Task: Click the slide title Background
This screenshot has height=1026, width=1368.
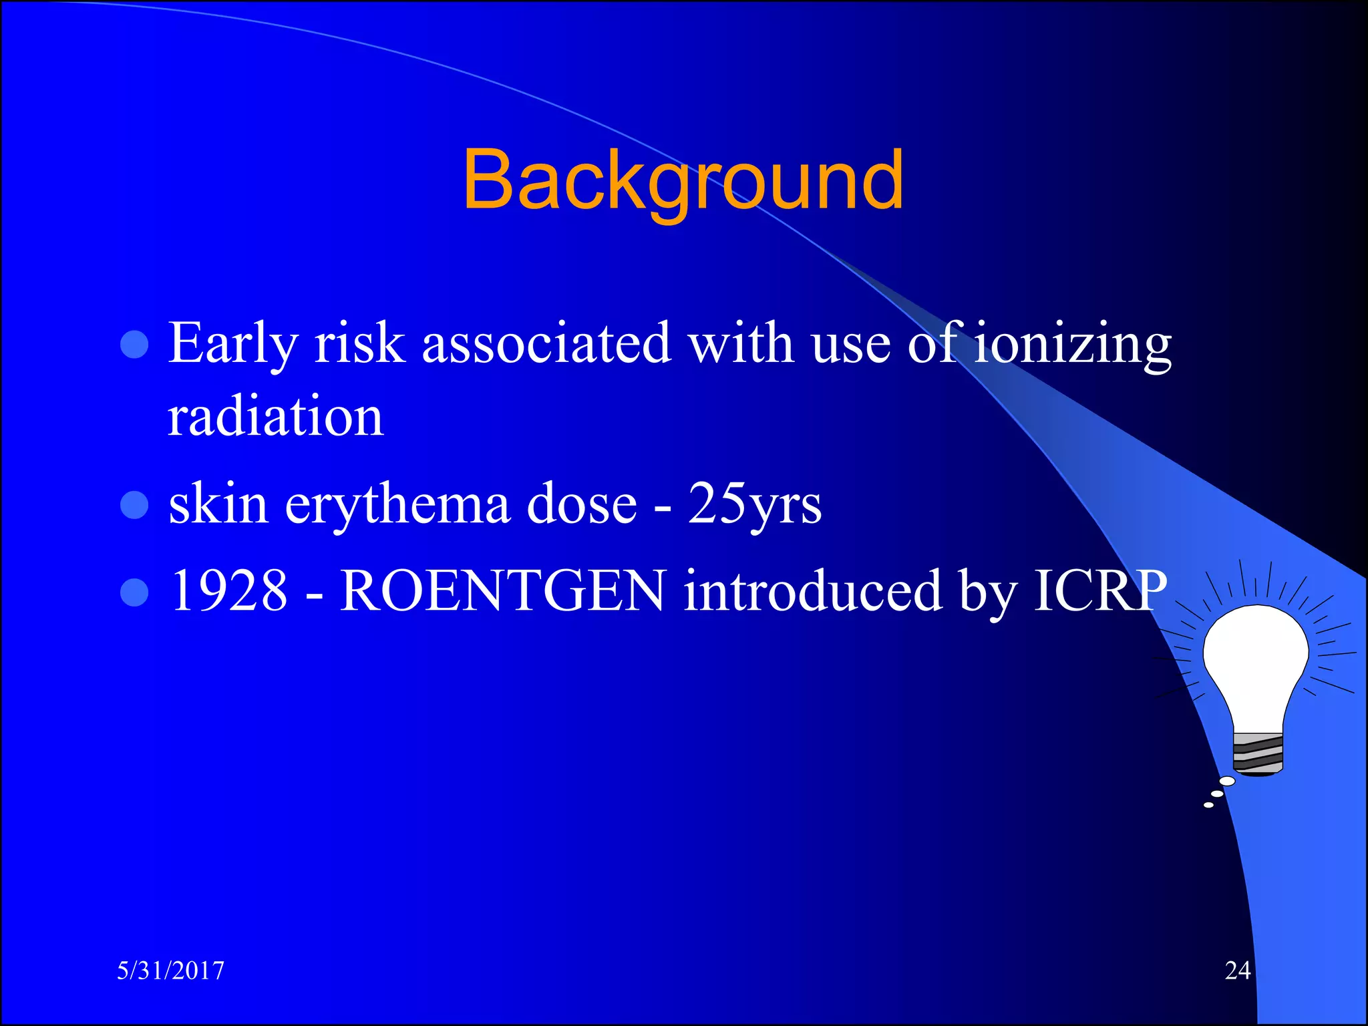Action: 683,180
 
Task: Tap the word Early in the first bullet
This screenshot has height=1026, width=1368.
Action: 232,344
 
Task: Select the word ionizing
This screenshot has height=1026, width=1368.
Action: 1072,344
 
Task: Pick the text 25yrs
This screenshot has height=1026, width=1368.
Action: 755,504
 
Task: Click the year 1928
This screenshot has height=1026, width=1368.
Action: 228,590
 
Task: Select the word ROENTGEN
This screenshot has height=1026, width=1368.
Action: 503,590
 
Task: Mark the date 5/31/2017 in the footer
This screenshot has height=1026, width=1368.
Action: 171,971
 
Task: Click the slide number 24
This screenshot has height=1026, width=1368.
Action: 1237,971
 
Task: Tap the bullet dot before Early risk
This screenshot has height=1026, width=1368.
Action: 134,345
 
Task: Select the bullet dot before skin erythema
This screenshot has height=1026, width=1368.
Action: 134,505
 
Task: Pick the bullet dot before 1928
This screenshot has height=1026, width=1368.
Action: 134,592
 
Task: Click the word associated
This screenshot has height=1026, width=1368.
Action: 546,344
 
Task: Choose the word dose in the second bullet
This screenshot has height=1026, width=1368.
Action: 582,504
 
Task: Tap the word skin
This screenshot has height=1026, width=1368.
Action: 218,504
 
